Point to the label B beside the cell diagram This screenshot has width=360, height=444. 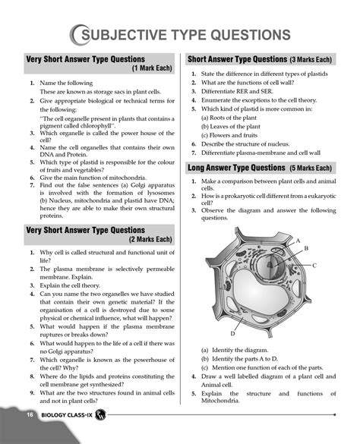pyautogui.click(x=306, y=248)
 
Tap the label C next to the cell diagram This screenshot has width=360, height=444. pyautogui.click(x=314, y=266)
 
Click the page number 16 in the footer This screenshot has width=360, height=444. pyautogui.click(x=28, y=415)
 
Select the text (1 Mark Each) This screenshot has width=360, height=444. pyautogui.click(x=152, y=68)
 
